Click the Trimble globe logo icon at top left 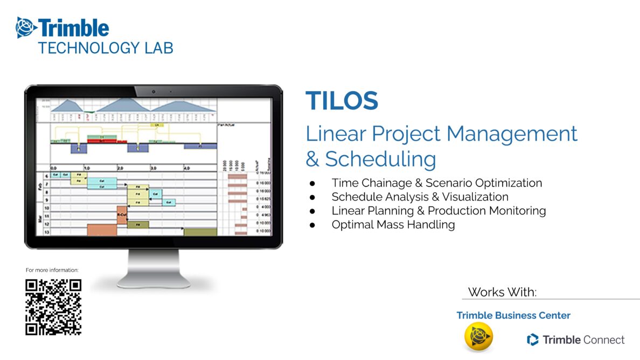coord(26,27)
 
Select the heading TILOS coord(342,101)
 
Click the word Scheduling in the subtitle coord(380,159)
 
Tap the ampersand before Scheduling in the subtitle coord(312,160)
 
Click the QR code coord(53,307)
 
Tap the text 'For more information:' coord(52,270)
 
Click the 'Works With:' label coord(502,292)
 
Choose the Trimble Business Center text coord(513,315)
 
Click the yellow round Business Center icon coord(478,337)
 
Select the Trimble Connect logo coord(575,340)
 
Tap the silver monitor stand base coord(154,280)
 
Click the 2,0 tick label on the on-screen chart coord(121,168)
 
